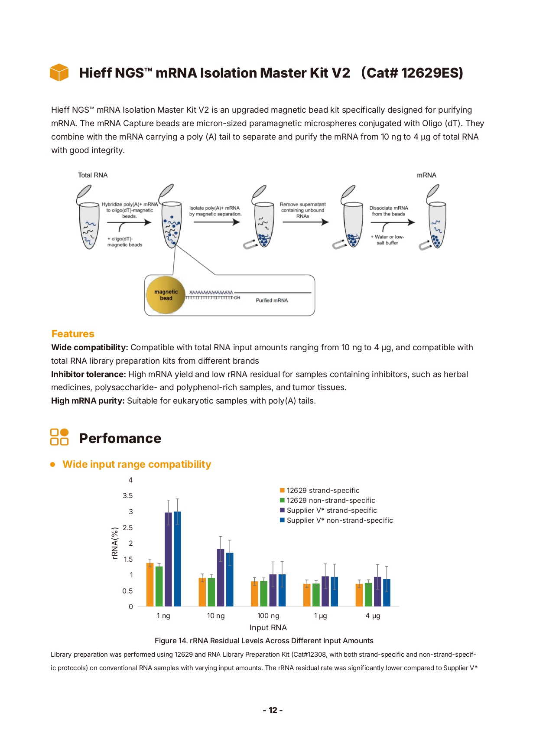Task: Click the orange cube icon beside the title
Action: pos(59,72)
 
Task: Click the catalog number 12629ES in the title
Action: pos(412,73)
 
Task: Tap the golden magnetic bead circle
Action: pos(166,295)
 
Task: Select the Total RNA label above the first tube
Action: pos(93,175)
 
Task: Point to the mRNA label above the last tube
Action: pos(426,175)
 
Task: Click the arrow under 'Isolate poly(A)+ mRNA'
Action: pos(217,222)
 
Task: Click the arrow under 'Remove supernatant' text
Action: pos(305,222)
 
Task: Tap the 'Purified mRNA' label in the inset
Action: pos(272,300)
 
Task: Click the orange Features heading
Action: pos(73,334)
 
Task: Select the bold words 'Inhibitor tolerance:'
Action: pos(88,374)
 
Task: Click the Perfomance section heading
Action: pos(120,438)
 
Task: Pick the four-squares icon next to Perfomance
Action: pos(59,437)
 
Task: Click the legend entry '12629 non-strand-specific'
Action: pos(331,500)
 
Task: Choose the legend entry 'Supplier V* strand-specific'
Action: pos(331,510)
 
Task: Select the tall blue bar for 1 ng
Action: pos(177,559)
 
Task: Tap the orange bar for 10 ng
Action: pos(202,592)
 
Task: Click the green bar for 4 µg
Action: pos(368,595)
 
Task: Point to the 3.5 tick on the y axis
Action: pos(127,495)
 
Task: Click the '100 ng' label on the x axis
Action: pos(268,616)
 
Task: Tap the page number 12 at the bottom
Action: pos(273,710)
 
